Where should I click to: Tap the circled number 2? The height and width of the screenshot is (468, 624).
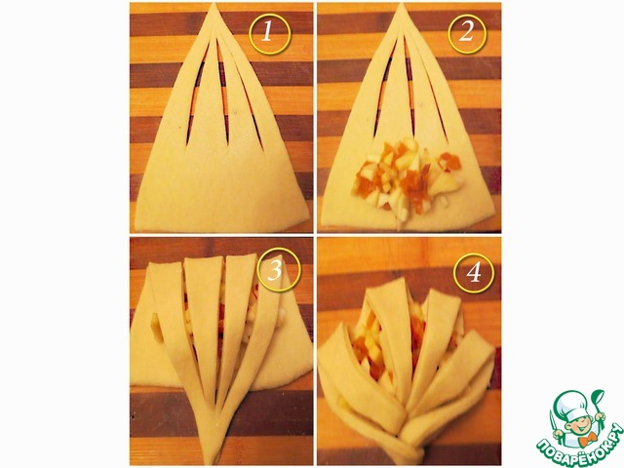click(x=467, y=33)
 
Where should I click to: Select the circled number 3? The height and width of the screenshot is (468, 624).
click(x=276, y=271)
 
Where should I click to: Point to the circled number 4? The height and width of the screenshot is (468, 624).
click(x=474, y=273)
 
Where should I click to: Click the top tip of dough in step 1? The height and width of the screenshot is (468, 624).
click(x=214, y=4)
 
